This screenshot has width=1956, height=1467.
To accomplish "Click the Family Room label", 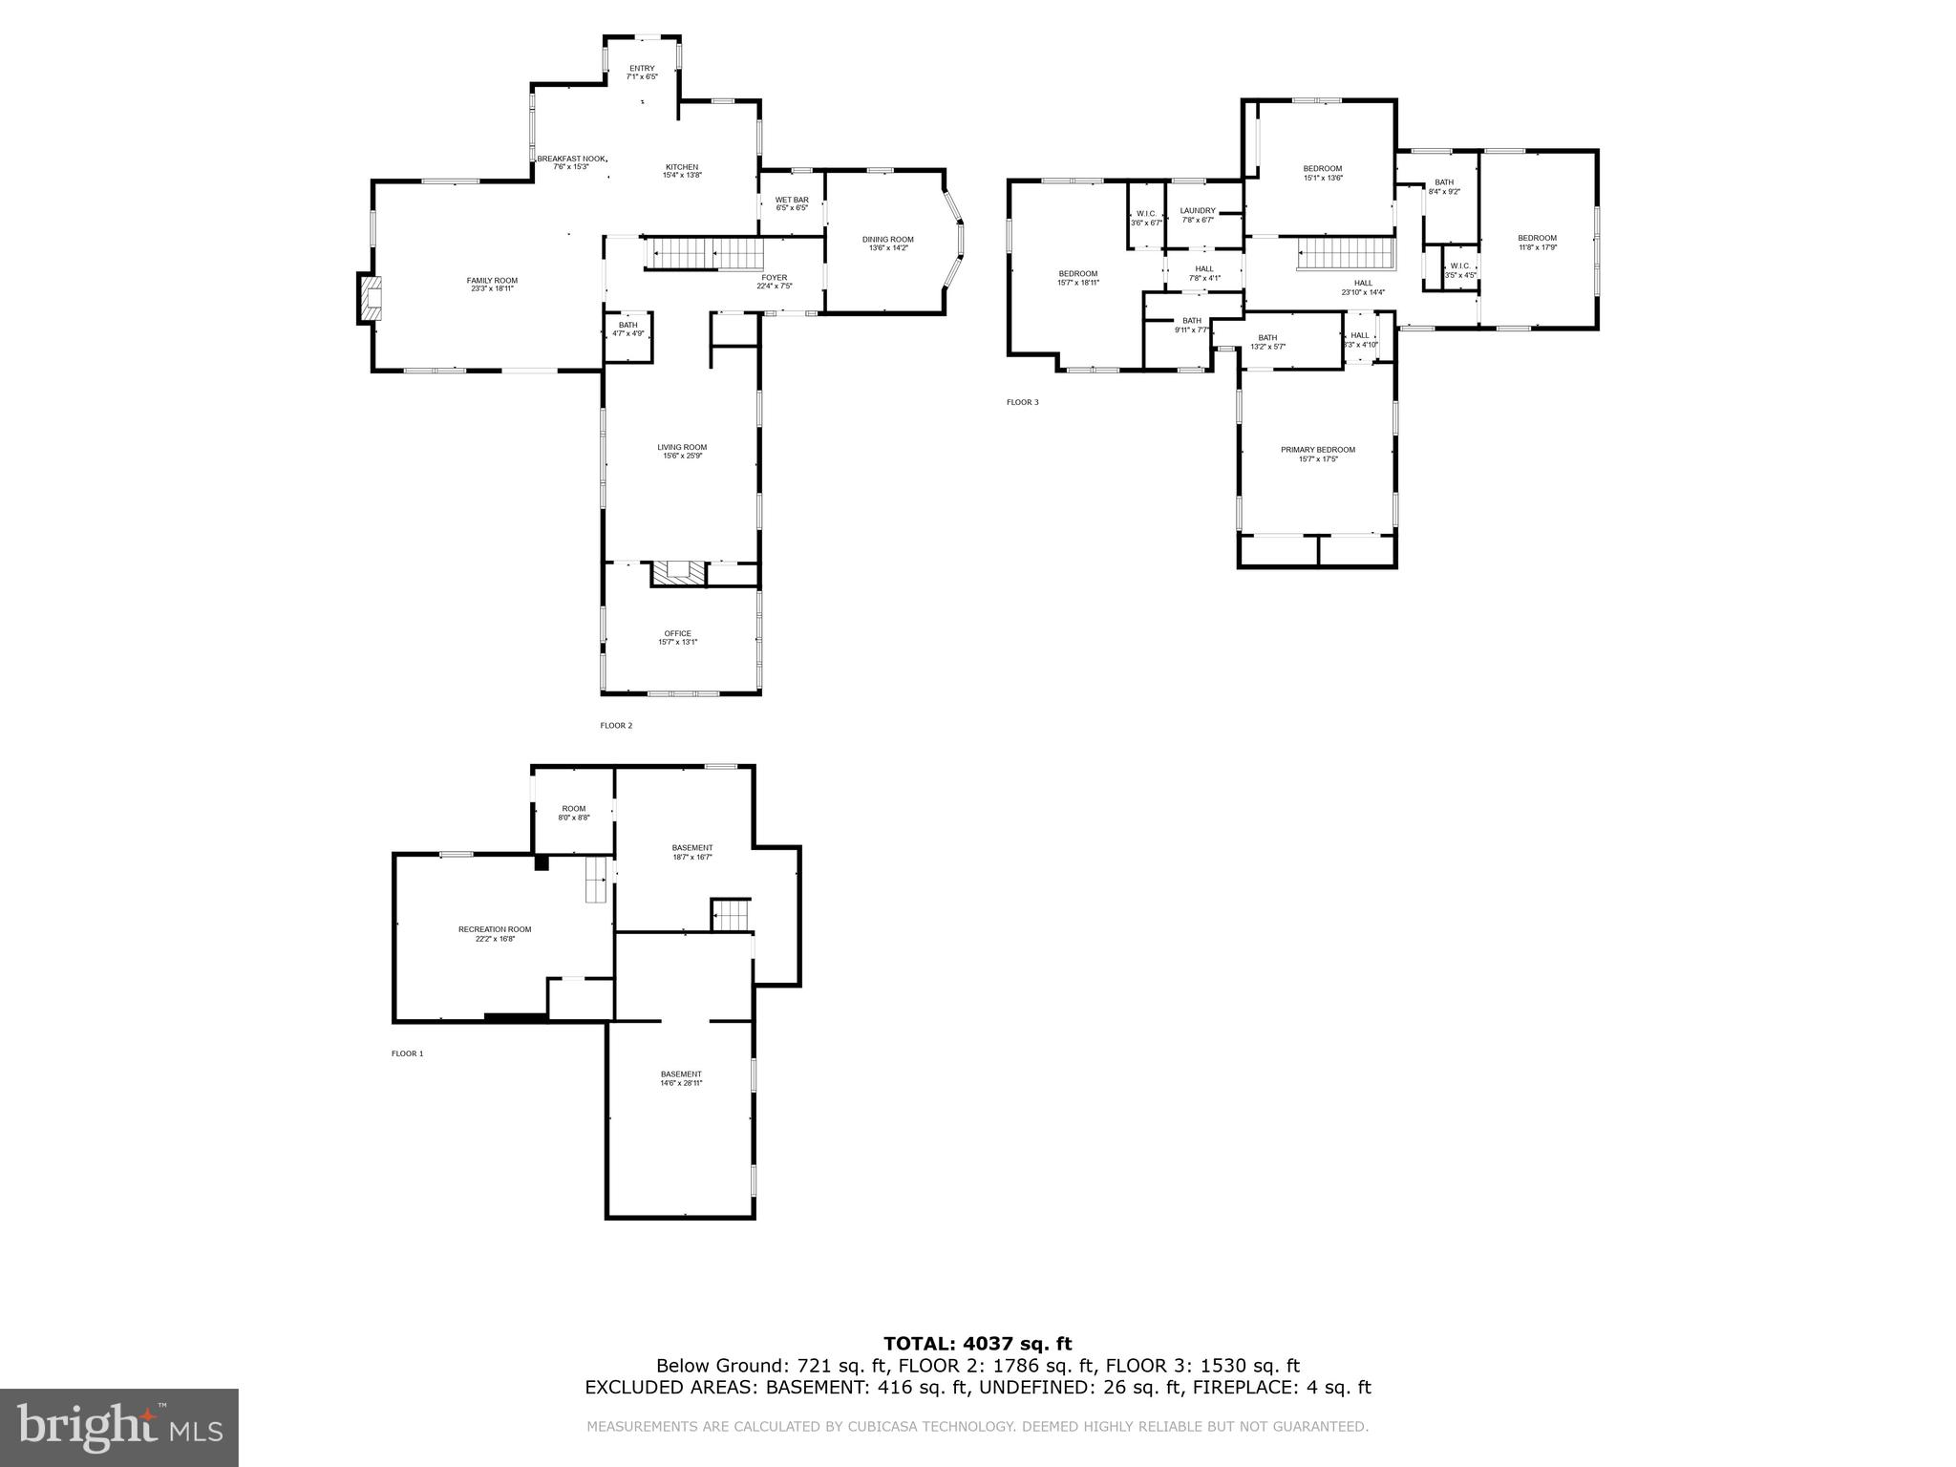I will click(492, 284).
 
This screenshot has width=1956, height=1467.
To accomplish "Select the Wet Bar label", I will click(792, 203).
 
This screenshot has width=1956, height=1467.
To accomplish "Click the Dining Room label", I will click(887, 244).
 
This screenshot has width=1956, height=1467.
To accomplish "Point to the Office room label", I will click(677, 637).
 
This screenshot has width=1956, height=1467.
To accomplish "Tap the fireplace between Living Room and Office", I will click(679, 573).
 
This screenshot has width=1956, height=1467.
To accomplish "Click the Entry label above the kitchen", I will click(642, 72).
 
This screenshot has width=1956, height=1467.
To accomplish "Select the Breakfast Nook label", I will click(571, 162).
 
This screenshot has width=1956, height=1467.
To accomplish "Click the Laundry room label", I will click(1198, 215).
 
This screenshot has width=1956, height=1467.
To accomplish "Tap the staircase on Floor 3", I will click(1346, 255).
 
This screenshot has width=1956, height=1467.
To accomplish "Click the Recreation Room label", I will click(495, 933).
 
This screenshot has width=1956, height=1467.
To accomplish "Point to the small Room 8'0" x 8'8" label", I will click(573, 813).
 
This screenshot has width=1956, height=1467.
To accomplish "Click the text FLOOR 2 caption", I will click(616, 726).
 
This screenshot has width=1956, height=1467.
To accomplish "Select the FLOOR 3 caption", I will click(1022, 402).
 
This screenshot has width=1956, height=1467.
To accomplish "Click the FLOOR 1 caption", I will click(407, 1053).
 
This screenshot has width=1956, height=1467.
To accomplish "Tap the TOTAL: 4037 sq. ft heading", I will click(977, 1344).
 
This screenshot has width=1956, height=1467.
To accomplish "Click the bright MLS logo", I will click(118, 1427).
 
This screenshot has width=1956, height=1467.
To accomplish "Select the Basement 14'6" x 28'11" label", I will click(681, 1078).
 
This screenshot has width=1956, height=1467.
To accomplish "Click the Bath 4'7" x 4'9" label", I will click(627, 330).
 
